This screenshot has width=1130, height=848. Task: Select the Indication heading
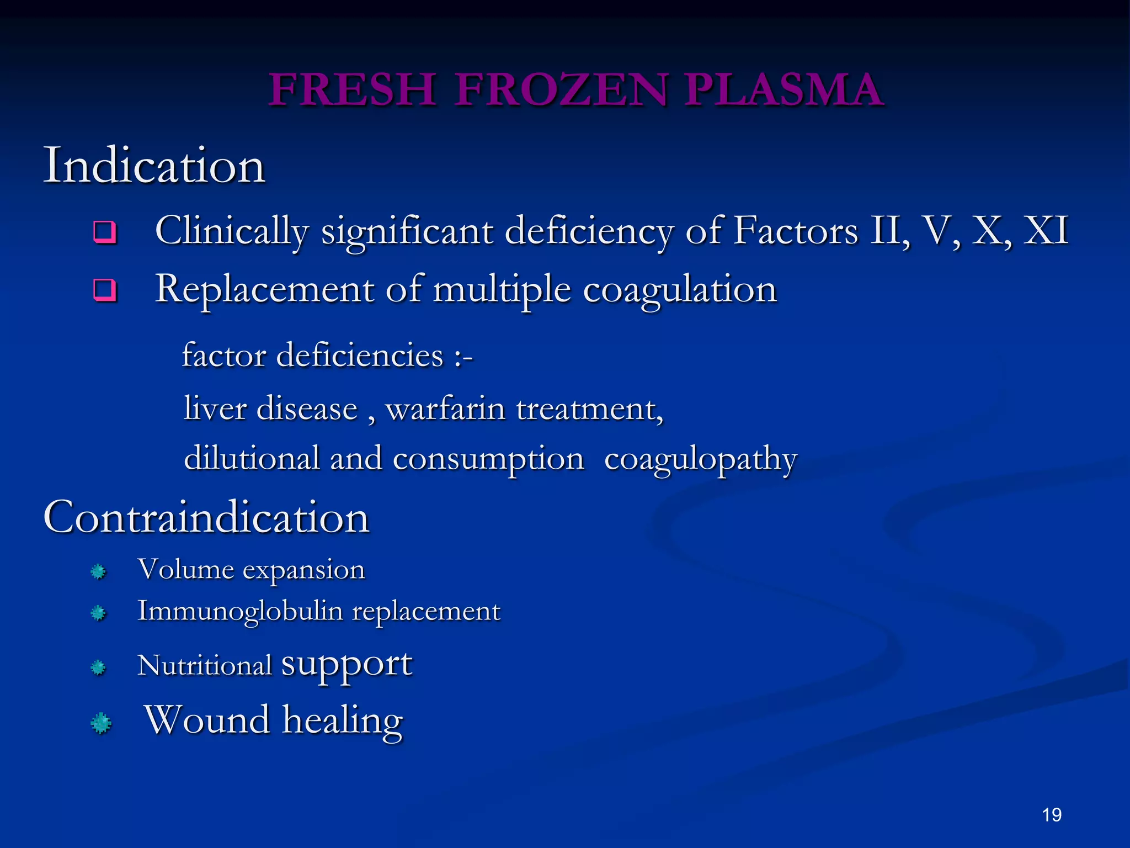pos(154,166)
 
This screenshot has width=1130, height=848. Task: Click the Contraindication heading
pos(206,518)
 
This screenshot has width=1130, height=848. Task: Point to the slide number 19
pos(1052,815)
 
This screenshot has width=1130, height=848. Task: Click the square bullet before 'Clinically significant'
pos(105,232)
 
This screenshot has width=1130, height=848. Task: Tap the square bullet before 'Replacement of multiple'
pos(105,290)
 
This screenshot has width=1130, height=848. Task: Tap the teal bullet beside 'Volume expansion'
pos(98,571)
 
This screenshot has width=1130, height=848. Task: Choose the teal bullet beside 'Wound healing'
pos(100,723)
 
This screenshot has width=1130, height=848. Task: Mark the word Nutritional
pos(204,665)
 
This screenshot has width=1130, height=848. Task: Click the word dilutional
pos(252,458)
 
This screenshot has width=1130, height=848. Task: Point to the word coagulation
pos(680,290)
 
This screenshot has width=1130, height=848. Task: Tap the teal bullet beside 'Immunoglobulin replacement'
pos(98,613)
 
